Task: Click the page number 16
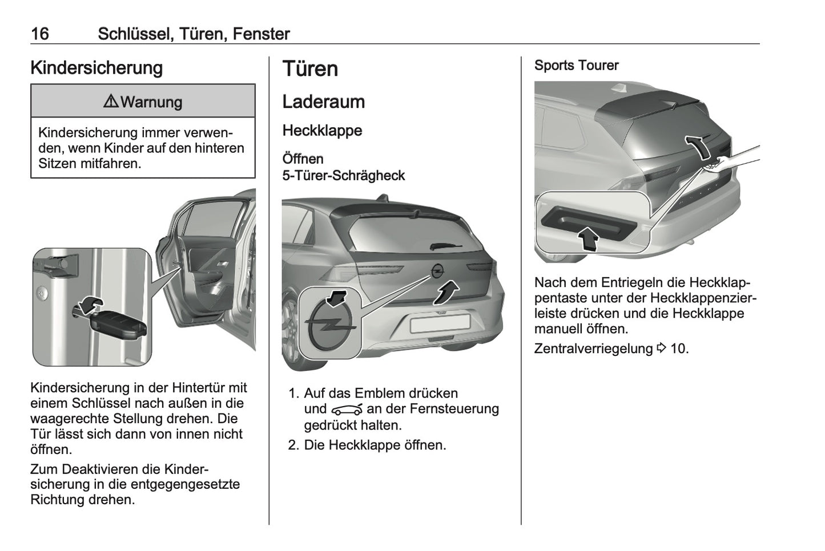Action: pos(40,34)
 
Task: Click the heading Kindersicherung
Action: pos(96,68)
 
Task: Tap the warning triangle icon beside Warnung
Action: pos(111,102)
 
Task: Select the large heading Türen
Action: pos(310,69)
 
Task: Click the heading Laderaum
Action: pos(323,102)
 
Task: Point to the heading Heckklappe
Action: pos(322,131)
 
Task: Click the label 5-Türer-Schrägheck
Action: pos(344,175)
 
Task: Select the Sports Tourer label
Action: pos(576,66)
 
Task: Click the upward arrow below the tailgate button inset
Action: pos(588,238)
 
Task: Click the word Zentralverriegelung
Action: pos(593,349)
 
